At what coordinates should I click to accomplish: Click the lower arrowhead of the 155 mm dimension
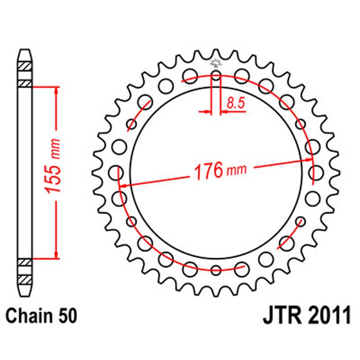point(56,255)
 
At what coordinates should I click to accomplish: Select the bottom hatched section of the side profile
point(25,269)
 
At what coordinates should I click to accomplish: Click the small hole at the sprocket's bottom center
point(216,270)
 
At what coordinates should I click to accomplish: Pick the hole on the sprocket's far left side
point(117,172)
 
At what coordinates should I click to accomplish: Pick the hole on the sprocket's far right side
point(317,173)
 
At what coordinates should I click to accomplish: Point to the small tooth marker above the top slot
point(216,63)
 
